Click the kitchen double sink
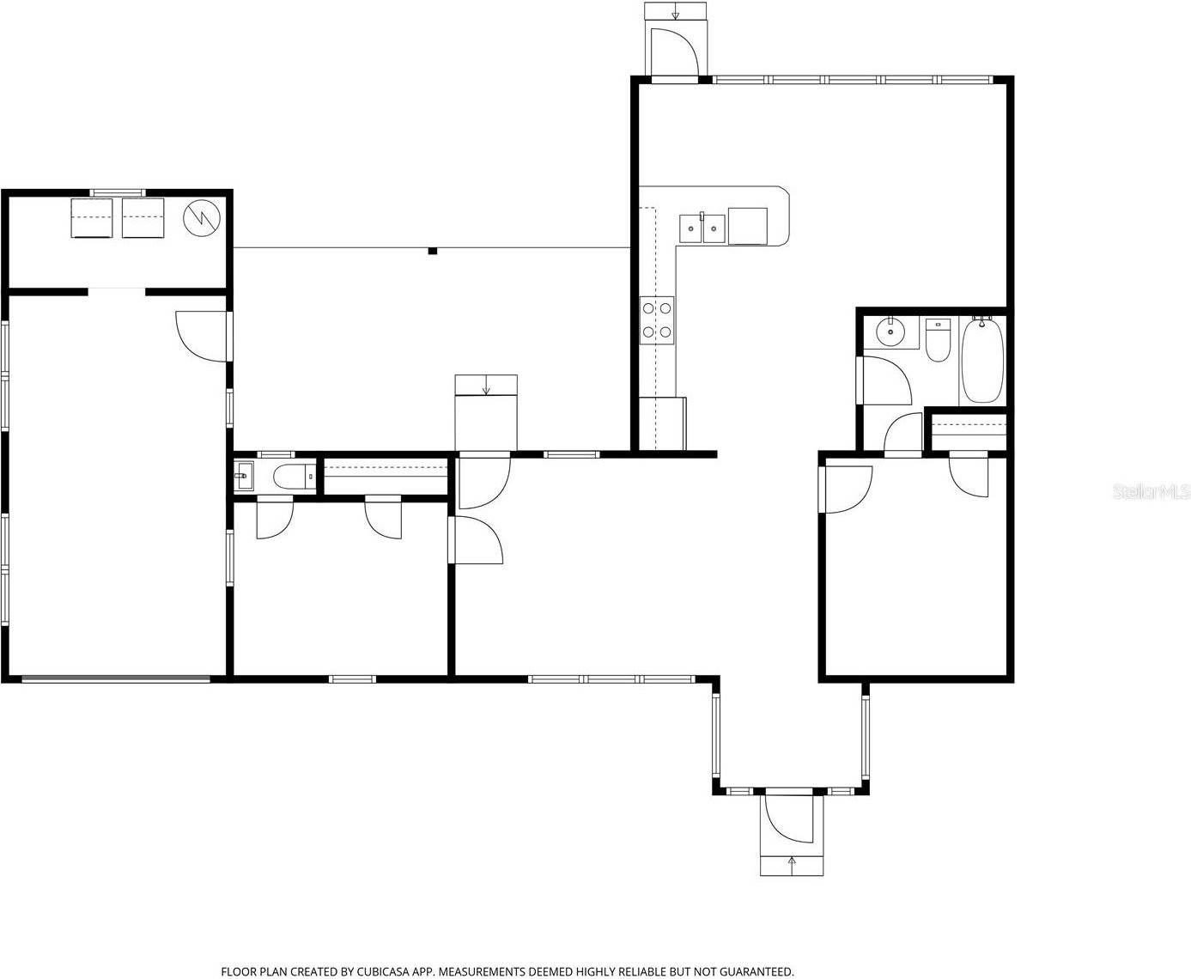(x=702, y=228)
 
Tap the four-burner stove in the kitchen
(x=657, y=319)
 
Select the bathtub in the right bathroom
(x=981, y=360)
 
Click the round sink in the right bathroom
(x=890, y=330)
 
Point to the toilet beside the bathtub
(x=938, y=340)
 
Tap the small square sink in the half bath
(x=244, y=475)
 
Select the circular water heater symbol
(x=202, y=217)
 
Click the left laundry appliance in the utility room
(x=91, y=218)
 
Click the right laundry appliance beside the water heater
(x=143, y=218)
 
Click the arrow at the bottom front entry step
(x=792, y=862)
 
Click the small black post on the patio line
(x=433, y=251)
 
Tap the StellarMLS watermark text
(x=1151, y=491)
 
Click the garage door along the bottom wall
(x=116, y=679)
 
